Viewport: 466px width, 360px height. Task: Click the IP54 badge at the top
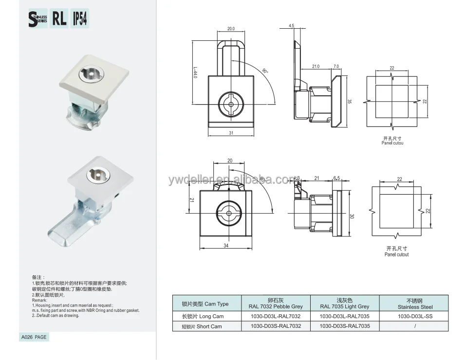(x=81, y=18)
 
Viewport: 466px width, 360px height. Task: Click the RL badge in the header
(x=59, y=18)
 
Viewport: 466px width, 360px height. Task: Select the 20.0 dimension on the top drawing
(x=231, y=29)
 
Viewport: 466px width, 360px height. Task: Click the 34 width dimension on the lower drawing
(x=226, y=246)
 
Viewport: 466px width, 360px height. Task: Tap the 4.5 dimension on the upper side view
(x=291, y=25)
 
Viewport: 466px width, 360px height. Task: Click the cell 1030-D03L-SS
(x=414, y=317)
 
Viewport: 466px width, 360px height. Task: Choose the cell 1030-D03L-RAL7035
(x=345, y=317)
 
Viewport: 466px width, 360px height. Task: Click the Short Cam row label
(x=202, y=326)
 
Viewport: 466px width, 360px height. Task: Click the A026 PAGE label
(x=34, y=337)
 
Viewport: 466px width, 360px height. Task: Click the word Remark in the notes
(x=39, y=300)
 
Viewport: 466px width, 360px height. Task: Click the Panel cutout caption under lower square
(x=396, y=254)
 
